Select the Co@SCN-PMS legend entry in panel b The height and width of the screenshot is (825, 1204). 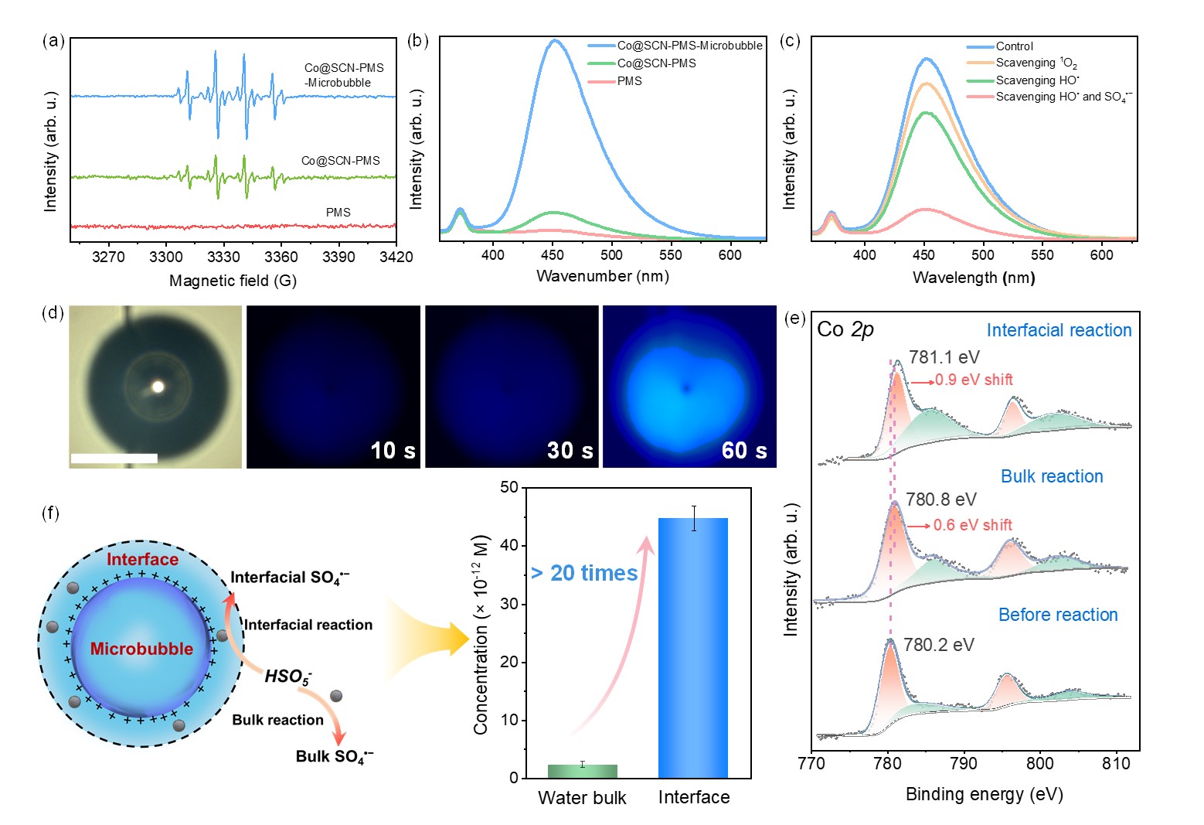[x=656, y=63]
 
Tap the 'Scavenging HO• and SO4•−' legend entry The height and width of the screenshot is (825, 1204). [x=1063, y=97]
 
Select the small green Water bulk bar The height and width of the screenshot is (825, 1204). [x=582, y=771]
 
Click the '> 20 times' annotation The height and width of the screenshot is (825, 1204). [x=584, y=573]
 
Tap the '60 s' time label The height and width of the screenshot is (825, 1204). [x=743, y=450]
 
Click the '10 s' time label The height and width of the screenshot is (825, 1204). [x=393, y=450]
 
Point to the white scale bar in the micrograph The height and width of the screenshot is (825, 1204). [x=114, y=459]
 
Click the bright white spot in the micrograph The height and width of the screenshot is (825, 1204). [x=158, y=387]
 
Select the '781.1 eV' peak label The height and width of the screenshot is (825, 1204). [x=944, y=357]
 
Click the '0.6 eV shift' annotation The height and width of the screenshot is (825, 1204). [x=972, y=525]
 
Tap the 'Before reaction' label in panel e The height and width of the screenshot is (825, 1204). [x=1058, y=615]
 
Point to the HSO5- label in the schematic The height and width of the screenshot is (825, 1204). [x=288, y=677]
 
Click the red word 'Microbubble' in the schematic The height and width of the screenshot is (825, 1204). [x=141, y=649]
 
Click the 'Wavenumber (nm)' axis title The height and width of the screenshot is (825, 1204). [x=603, y=276]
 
